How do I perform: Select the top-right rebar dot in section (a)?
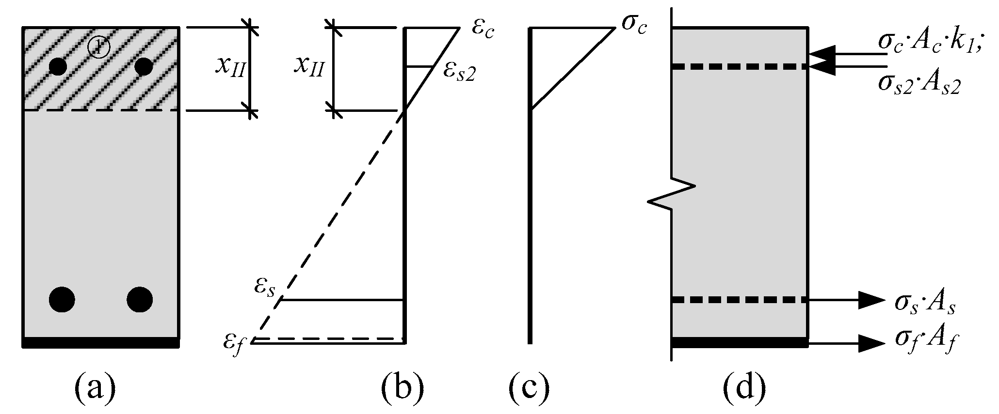[144, 66]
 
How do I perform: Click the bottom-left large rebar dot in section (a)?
[62, 300]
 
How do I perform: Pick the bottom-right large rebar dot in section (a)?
[140, 300]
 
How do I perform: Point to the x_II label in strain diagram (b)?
[309, 69]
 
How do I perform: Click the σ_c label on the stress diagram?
[634, 23]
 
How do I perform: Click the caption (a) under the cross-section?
[95, 387]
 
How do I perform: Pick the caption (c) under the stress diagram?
[529, 387]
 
